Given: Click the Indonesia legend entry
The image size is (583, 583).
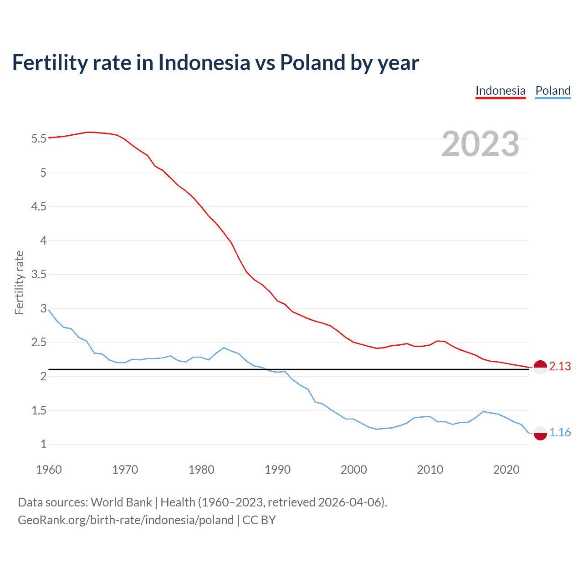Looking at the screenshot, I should pos(500,91).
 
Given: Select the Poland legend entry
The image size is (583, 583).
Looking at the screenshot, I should pos(553,91).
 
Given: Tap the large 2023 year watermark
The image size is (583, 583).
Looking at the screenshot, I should pos(481,144).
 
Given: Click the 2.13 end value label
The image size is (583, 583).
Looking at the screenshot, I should pos(560,367).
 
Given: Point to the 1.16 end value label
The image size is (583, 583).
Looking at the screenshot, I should pos(560,432).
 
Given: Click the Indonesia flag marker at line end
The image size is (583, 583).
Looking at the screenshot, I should pos(540,367).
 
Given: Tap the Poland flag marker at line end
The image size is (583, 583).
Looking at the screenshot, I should pos(540,433).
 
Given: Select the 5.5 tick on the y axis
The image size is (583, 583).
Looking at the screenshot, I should pos(39,138).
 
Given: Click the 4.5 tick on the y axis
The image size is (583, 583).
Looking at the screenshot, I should pos(39,207).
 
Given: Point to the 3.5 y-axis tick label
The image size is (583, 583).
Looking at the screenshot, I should pos(39,275).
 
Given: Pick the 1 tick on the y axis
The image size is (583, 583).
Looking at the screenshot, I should pos(43,445).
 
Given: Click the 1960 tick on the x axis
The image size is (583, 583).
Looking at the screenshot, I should pos(49,470).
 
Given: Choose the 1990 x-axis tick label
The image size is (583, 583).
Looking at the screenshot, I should pos(277,470).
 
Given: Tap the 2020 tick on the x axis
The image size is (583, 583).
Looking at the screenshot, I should pos(506,470).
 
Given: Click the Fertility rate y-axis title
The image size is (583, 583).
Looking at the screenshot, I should pos(19,282).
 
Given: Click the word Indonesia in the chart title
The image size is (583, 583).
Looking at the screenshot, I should pos(204,62).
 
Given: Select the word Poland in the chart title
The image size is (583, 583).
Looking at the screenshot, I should pos(312,62).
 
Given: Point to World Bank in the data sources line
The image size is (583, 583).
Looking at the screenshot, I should pos(121,502).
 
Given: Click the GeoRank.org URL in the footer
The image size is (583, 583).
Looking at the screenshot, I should pos(126,520).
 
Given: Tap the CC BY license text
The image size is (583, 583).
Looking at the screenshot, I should pos(259,520).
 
